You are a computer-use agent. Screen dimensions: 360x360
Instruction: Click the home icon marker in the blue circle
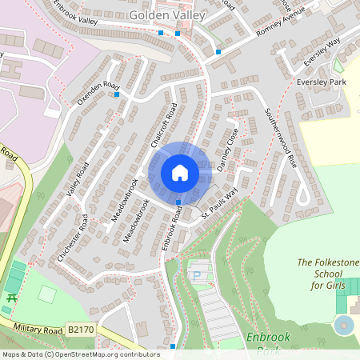(180, 173)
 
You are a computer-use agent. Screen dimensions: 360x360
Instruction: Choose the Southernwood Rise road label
(280, 137)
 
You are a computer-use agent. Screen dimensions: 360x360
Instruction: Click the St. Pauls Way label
(219, 206)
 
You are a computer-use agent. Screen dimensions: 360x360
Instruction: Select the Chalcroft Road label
(162, 126)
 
